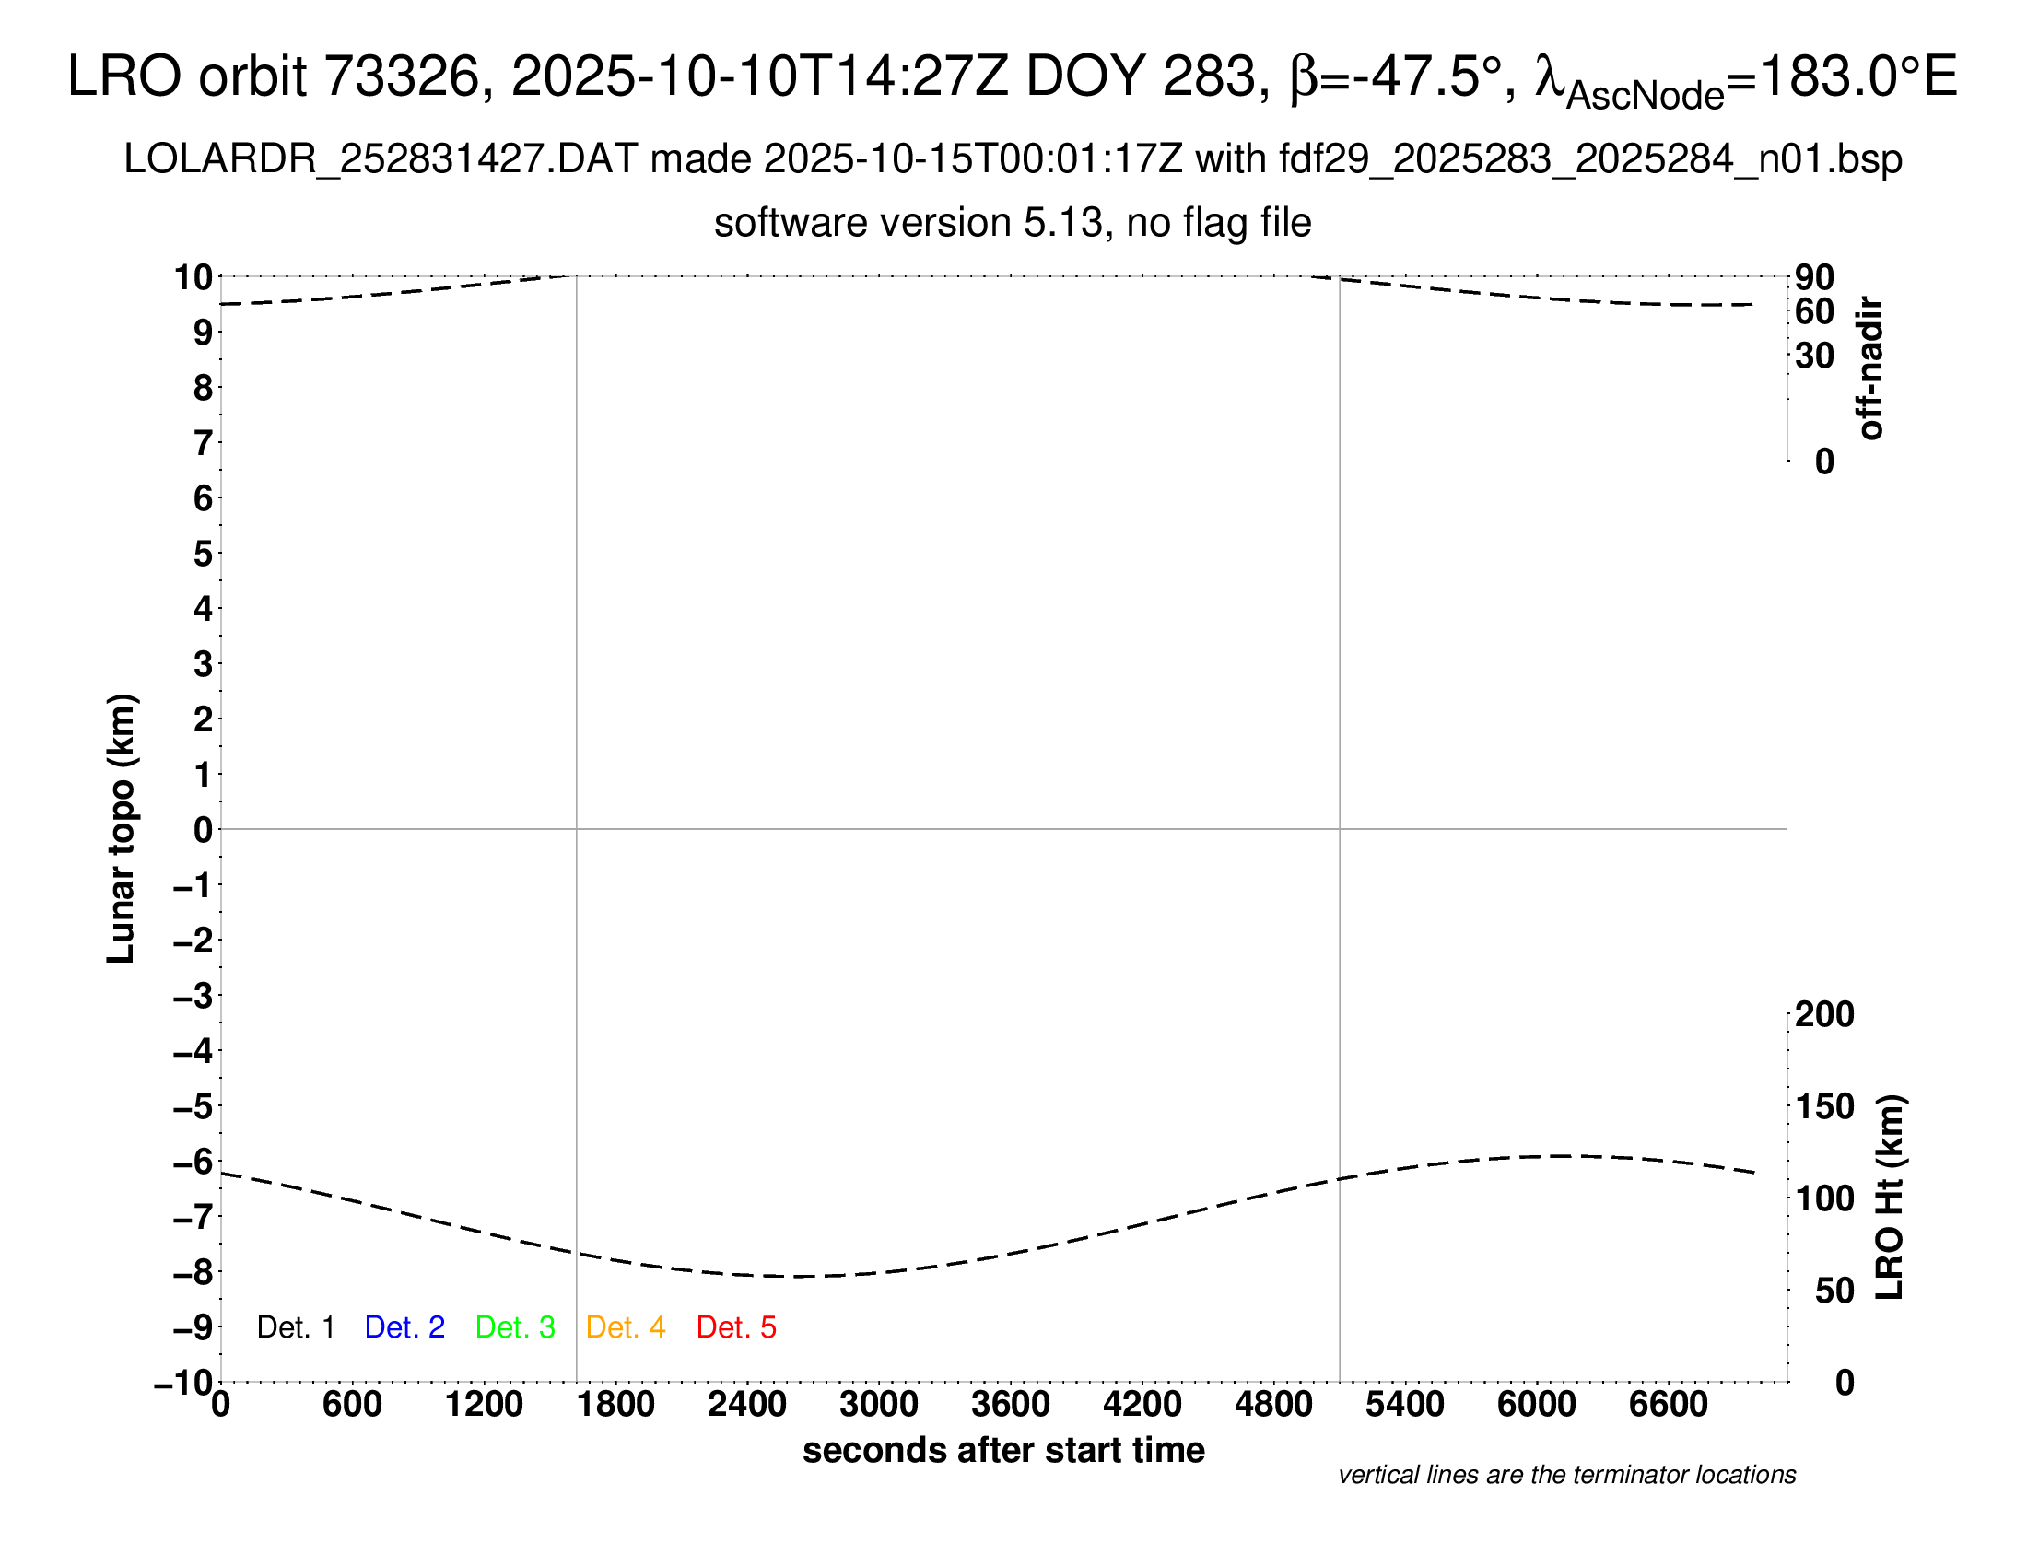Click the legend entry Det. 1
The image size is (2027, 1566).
pyautogui.click(x=295, y=1327)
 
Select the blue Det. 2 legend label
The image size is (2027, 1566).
pyautogui.click(x=404, y=1327)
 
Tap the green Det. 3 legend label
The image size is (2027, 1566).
pyautogui.click(x=515, y=1327)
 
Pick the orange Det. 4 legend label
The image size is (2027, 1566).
pyautogui.click(x=626, y=1327)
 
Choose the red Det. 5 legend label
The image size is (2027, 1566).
pyautogui.click(x=736, y=1327)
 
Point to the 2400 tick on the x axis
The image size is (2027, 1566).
pyautogui.click(x=747, y=1405)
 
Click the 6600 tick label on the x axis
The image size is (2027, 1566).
pyautogui.click(x=1668, y=1405)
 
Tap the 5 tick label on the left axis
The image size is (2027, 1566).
pyautogui.click(x=204, y=554)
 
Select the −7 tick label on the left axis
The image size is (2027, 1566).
pyautogui.click(x=193, y=1217)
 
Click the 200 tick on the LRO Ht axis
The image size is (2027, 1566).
pyautogui.click(x=1824, y=1014)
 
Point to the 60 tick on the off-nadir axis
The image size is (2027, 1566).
pyautogui.click(x=1814, y=311)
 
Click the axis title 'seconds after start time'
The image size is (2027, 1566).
pyautogui.click(x=1003, y=1450)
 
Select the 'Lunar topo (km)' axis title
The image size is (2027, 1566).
pyautogui.click(x=122, y=828)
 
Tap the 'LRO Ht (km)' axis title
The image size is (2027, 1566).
pyautogui.click(x=1890, y=1198)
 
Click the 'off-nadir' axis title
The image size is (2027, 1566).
pyautogui.click(x=1871, y=368)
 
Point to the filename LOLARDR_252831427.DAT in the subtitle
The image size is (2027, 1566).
pyautogui.click(x=381, y=159)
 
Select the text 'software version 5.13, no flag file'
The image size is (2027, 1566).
pyautogui.click(x=1013, y=223)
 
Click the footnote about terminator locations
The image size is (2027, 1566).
pyautogui.click(x=1566, y=1475)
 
